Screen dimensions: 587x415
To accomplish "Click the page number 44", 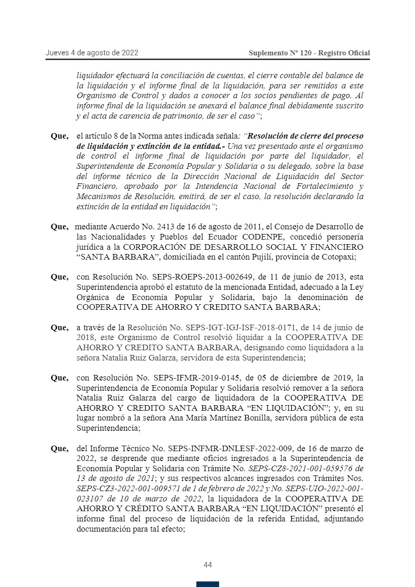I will pyautogui.click(x=207, y=565).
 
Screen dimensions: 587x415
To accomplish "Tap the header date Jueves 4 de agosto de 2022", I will pyautogui.click(x=92, y=53).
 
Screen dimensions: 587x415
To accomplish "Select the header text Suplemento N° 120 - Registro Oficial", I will pyautogui.click(x=309, y=53).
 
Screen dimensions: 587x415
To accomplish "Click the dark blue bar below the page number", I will pyautogui.click(x=207, y=584).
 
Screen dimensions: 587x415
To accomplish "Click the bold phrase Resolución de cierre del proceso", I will pyautogui.click(x=305, y=136).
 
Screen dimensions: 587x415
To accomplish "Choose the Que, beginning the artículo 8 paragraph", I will pyautogui.click(x=60, y=136).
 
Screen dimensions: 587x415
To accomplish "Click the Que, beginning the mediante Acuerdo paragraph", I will pyautogui.click(x=60, y=227).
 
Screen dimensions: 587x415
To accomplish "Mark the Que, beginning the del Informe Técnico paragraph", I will pyautogui.click(x=60, y=449).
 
